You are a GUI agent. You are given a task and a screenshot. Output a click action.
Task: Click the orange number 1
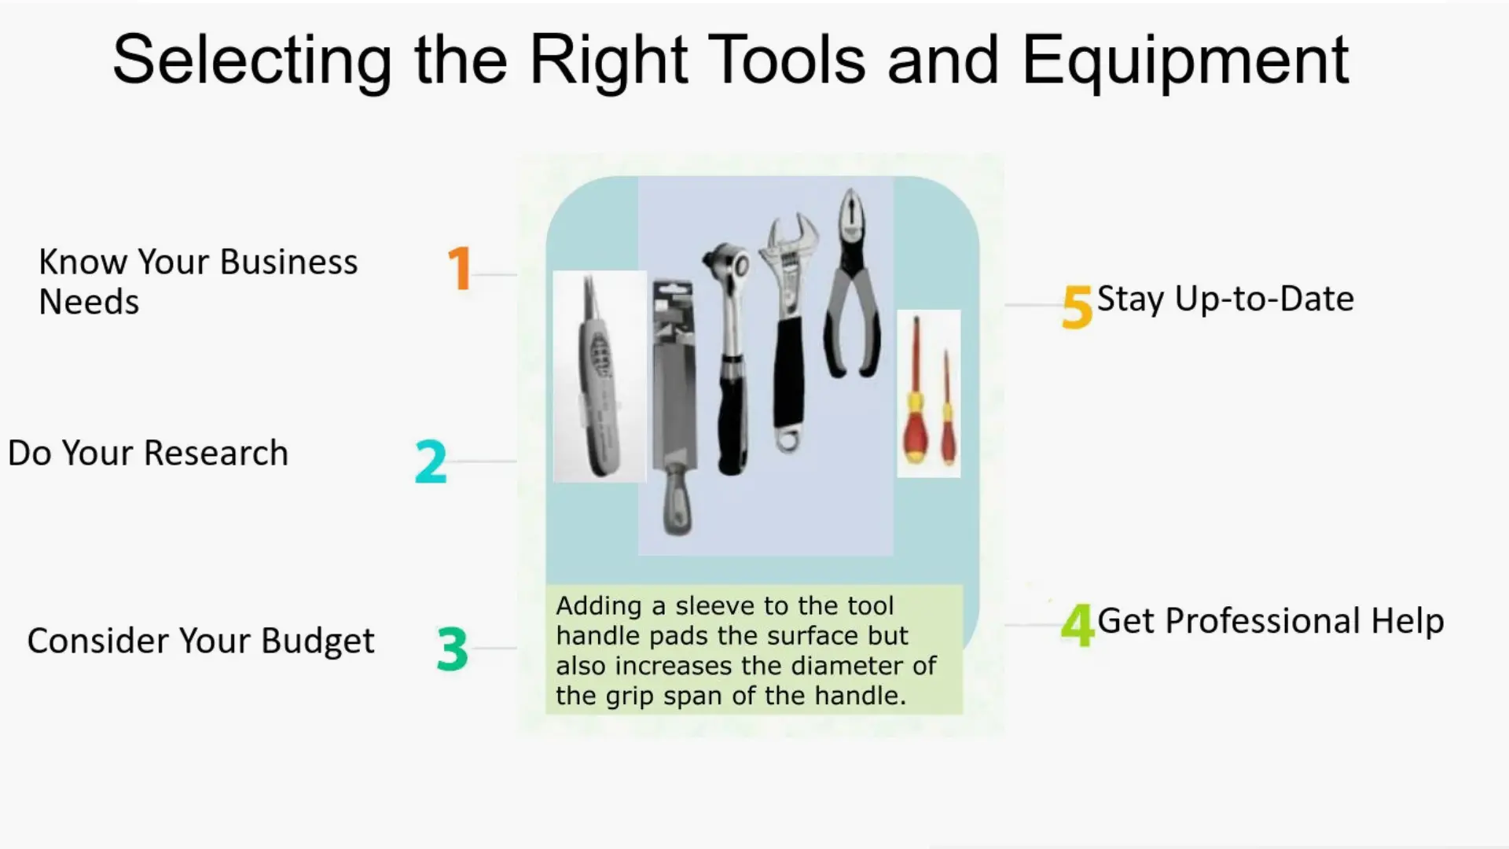459,268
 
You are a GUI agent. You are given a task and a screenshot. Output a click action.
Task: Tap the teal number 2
431,461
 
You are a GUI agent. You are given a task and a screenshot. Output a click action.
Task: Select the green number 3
452,649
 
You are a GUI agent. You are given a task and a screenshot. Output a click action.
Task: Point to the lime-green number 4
1077,625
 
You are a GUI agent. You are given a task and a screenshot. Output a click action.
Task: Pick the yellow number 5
1077,307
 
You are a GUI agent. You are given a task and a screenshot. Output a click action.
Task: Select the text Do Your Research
148,453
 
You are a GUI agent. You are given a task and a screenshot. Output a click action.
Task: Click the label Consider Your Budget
200,641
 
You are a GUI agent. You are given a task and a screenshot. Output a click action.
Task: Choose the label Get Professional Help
1270,621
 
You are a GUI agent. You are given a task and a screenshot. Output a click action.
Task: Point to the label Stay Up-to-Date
1224,299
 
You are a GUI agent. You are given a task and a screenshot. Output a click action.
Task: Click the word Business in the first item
288,262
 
